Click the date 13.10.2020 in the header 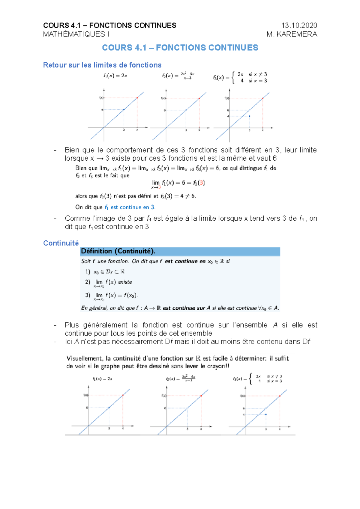[x=299, y=25]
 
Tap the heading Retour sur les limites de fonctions [x=102, y=65]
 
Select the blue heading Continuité [x=61, y=243]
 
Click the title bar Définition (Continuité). [x=118, y=252]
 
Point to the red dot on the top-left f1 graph [x=137, y=98]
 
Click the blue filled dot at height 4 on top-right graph [x=250, y=116]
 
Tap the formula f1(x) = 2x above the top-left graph [x=115, y=76]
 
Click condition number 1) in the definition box [x=88, y=272]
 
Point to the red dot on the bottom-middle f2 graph [x=201, y=396]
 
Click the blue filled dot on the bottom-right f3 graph [x=266, y=414]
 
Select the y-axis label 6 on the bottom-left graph [x=87, y=408]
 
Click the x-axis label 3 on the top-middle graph [x=186, y=130]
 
